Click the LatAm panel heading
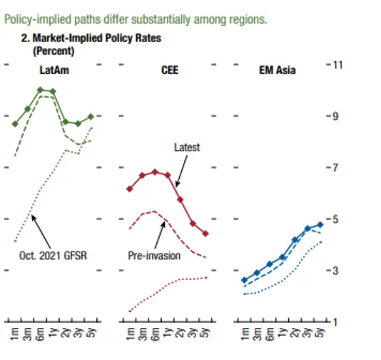54,70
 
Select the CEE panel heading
170,70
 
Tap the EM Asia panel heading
278,70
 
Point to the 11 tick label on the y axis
337,65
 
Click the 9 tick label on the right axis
335,116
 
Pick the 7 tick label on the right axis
335,168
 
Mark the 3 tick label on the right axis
335,271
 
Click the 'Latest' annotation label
187,147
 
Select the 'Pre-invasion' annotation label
154,256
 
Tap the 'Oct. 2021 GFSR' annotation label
53,256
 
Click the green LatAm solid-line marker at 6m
41,90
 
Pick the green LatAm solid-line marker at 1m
15,124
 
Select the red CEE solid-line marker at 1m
130,189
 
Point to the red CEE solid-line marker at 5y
205,234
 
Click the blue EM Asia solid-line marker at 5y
320,224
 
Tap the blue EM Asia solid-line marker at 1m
245,280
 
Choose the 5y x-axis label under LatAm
91,333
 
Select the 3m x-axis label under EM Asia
257,334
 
